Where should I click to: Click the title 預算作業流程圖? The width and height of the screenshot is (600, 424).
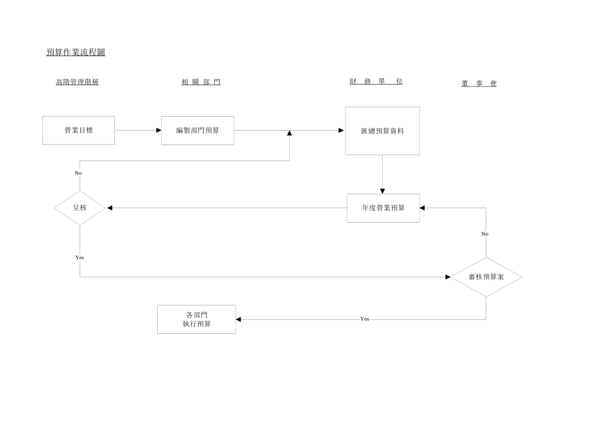(76, 52)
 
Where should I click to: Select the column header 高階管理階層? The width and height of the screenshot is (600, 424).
(77, 82)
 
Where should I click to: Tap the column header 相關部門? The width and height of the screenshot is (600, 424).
(201, 82)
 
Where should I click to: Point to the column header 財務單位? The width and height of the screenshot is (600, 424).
(376, 81)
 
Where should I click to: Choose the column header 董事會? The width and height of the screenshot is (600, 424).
(479, 83)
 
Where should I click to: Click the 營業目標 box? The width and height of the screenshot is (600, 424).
(79, 131)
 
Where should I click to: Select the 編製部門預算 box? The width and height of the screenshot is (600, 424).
(197, 131)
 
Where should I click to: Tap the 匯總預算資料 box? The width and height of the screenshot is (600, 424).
(382, 131)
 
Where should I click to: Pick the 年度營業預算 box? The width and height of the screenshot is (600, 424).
(383, 208)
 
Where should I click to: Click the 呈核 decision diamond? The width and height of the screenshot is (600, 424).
(80, 208)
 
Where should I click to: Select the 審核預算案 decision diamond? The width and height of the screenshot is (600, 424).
(486, 277)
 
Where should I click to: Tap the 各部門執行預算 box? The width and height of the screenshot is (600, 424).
(196, 319)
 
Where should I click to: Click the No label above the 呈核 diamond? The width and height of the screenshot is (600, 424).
(78, 173)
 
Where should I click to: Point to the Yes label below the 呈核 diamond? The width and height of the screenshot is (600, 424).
(80, 257)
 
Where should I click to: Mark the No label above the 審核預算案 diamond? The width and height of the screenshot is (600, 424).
(485, 233)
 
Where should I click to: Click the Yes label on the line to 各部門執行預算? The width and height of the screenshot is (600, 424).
(364, 319)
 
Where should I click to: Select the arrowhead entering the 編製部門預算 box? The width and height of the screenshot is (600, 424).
(159, 131)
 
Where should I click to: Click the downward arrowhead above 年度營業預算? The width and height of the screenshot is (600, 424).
(382, 191)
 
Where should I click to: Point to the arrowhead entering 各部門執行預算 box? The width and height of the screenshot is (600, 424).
(239, 319)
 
